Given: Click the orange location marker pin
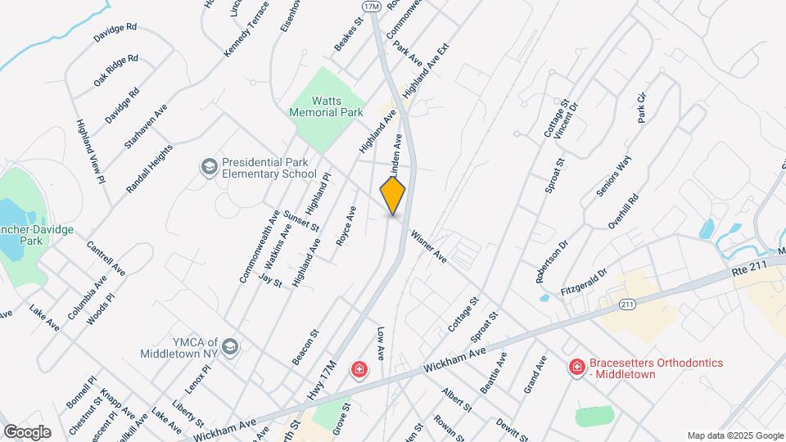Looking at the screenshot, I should point(393,196).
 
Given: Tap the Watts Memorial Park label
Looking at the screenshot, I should point(326,105).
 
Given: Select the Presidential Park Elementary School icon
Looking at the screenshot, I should point(209,167).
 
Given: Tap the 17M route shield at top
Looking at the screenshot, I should point(372,6).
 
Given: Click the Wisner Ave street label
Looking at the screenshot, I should point(429,246).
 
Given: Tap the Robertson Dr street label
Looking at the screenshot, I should point(552,261).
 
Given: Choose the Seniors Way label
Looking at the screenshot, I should point(613,175).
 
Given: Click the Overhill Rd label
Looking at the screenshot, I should point(622,211).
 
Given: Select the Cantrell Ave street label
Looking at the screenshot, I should point(106,258).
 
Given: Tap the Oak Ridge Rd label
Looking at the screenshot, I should point(115,71).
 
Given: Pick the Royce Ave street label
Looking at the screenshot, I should point(347,226).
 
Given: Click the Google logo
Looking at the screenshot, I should point(27,431).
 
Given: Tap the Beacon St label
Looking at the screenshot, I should point(305,348).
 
